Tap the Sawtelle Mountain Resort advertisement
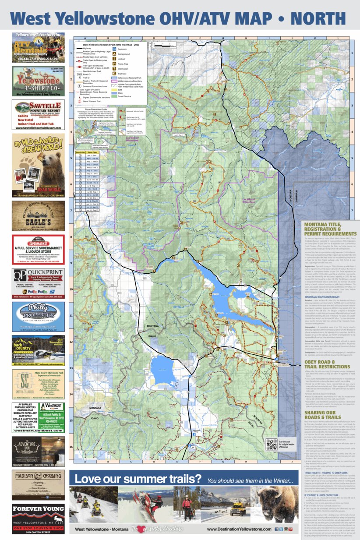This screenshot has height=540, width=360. [x=38, y=115]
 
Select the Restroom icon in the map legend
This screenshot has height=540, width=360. [x=114, y=49]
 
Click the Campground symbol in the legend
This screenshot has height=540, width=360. [x=114, y=54]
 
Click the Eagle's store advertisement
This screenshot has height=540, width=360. [x=38, y=216]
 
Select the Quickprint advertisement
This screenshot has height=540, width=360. [x=38, y=283]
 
